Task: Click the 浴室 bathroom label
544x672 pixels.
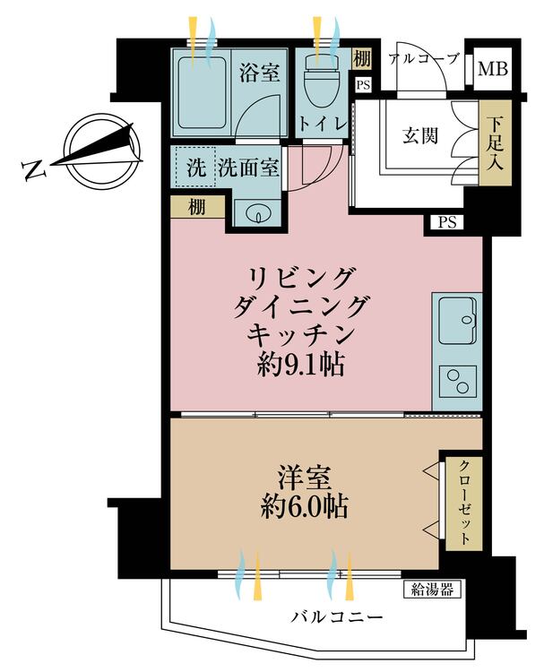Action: point(259,73)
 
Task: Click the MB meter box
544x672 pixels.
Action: point(490,69)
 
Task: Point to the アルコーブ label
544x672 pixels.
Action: point(424,59)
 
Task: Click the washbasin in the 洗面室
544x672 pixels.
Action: point(256,215)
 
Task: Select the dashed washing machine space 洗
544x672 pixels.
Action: point(194,167)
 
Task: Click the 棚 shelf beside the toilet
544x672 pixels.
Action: point(361,60)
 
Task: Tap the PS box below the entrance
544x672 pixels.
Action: point(446,222)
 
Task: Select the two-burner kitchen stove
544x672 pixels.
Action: point(459,381)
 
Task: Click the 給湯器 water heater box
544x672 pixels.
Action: point(437,589)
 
